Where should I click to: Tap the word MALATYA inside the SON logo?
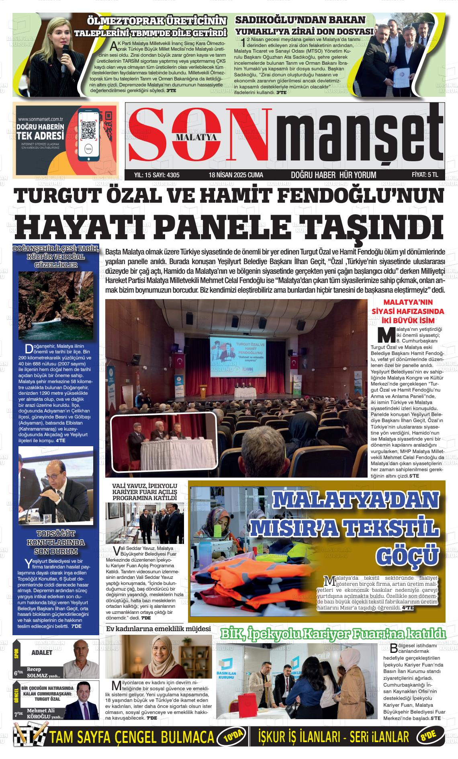pos(196,137)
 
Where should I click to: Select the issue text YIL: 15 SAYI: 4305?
pos(157,175)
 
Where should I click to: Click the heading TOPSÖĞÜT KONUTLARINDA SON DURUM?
pos(56,542)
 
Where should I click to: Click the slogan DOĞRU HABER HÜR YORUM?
pos(333,175)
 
